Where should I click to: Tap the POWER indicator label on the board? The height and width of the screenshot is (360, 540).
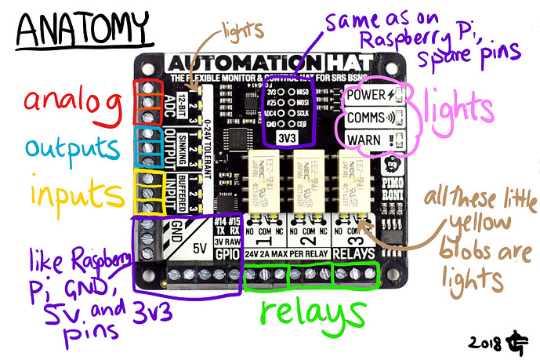[368, 96]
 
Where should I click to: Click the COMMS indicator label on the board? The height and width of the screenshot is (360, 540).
[365, 120]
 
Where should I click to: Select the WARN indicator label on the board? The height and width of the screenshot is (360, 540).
[363, 144]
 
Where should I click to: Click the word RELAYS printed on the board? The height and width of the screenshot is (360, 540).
[355, 255]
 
